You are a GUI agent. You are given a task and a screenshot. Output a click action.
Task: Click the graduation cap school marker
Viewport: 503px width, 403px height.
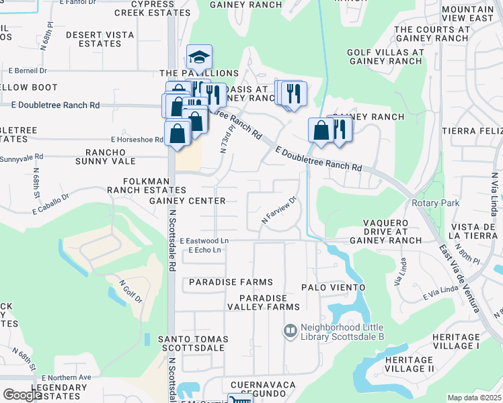(199, 57)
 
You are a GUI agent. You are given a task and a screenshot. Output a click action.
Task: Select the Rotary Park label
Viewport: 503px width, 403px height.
(430, 204)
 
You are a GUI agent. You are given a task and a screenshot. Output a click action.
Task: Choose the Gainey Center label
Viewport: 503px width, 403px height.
(187, 201)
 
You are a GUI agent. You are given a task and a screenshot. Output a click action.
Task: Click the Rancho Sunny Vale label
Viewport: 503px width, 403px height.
(110, 157)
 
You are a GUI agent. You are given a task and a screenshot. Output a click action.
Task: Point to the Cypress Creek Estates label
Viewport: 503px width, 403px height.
(144, 8)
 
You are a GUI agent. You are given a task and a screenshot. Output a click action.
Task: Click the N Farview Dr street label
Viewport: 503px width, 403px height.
(279, 210)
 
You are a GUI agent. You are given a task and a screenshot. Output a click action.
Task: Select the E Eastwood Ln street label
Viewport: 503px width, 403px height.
(204, 240)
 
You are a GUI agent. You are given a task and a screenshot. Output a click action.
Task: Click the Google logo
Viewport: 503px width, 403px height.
(22, 395)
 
